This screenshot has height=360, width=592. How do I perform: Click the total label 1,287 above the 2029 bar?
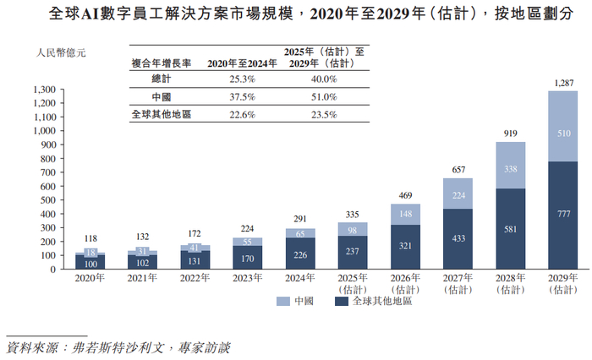562,82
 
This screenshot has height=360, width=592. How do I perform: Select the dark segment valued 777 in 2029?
562,215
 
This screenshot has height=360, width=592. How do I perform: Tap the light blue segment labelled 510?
562,133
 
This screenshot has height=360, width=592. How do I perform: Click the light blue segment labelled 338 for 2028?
510,168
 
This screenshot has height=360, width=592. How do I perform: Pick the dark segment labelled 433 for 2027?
458,239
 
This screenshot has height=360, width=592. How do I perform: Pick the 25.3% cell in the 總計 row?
231,79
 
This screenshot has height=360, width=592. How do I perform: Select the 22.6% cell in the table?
231,115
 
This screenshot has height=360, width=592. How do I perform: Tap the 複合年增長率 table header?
161,63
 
